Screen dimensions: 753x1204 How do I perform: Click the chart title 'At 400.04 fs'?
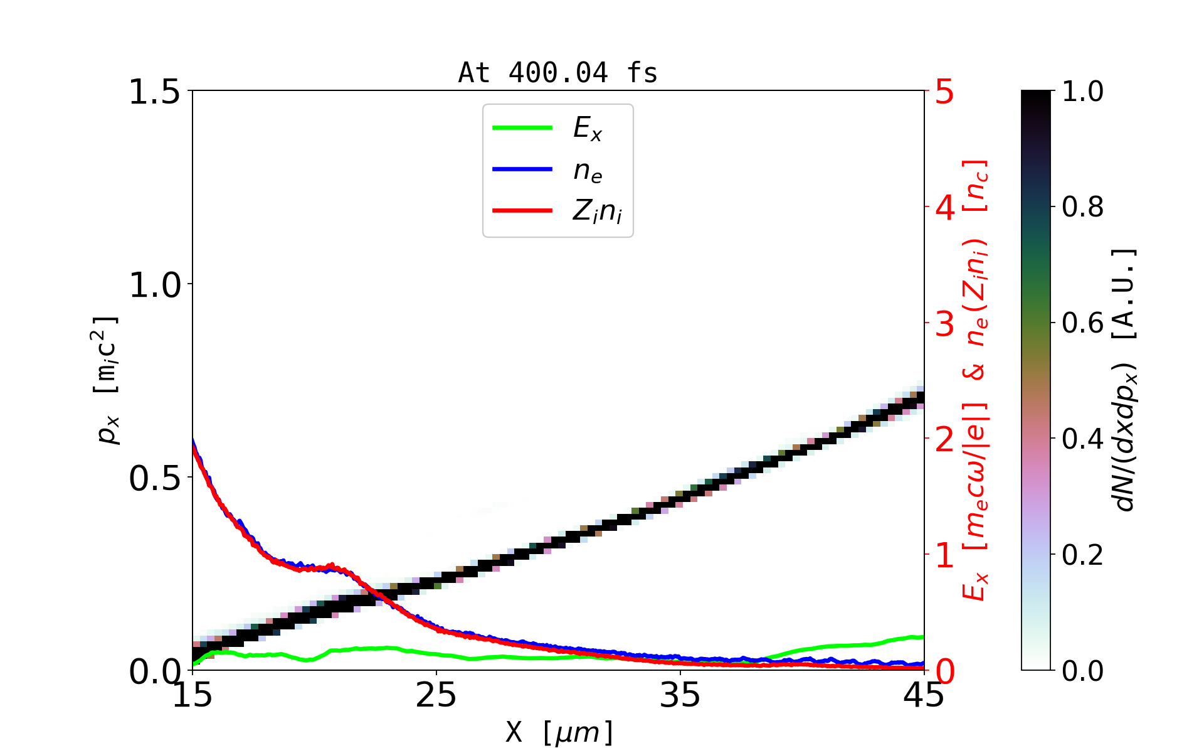click(557, 73)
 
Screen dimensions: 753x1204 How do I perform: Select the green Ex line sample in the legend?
click(522, 128)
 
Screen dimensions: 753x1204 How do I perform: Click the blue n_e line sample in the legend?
click(522, 169)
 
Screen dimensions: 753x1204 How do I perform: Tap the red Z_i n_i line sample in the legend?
click(522, 211)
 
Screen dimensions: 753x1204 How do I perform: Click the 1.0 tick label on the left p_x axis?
click(154, 285)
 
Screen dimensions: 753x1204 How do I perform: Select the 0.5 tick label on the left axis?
click(154, 478)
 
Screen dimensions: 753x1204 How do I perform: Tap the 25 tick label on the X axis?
click(436, 695)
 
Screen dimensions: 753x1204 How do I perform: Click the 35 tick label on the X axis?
click(680, 695)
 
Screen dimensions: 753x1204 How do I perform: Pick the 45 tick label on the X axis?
click(924, 695)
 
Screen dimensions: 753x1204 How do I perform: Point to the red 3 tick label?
click(944, 324)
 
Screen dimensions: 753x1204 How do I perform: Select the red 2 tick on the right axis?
click(944, 439)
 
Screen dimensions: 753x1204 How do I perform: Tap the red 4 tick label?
click(944, 208)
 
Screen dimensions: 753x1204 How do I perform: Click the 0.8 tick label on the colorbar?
click(1083, 207)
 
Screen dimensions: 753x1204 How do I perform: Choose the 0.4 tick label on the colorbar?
click(1083, 439)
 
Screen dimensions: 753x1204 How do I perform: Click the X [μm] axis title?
click(559, 732)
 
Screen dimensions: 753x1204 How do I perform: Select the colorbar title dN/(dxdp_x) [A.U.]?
click(1125, 380)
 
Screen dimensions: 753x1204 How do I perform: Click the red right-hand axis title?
click(976, 380)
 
